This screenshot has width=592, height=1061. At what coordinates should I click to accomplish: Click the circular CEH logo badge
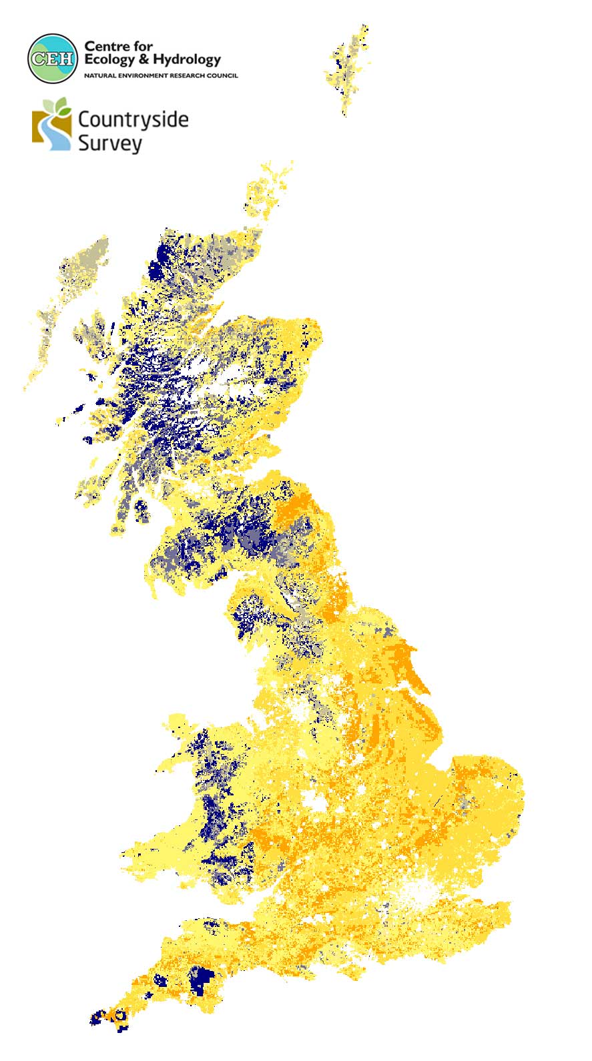coord(53,58)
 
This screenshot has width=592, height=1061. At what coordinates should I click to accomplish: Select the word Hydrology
coord(187,59)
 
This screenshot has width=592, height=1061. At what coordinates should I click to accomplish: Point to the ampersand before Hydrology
coord(144,59)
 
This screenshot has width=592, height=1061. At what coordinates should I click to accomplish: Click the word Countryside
coord(133,119)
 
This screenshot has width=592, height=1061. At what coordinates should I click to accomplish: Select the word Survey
coord(109,143)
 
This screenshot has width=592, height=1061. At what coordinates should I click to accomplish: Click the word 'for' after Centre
coord(143,46)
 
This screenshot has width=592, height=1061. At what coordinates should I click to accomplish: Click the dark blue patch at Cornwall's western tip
coord(98,1017)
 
